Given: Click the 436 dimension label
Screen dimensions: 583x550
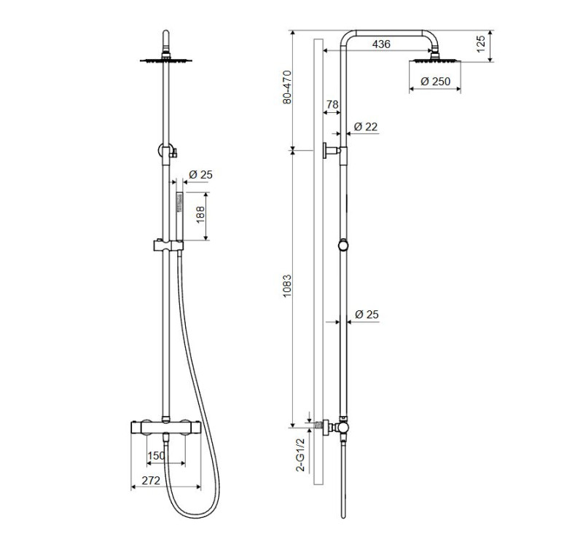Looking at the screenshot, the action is tap(381, 44).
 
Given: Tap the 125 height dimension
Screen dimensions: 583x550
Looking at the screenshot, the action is tap(481, 44).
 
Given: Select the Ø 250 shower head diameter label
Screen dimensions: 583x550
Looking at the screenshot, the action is tap(435, 81).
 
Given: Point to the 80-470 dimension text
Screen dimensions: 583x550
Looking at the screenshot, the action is tap(287, 87).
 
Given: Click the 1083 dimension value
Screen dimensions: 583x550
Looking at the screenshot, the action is tap(287, 286).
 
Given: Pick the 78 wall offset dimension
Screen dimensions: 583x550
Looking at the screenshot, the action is tap(332, 104).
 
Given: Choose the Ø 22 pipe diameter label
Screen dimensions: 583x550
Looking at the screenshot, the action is tap(366, 127).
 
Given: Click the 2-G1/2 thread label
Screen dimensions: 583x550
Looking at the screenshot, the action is tap(300, 455).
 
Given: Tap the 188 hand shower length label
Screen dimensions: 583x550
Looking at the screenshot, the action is tap(200, 214).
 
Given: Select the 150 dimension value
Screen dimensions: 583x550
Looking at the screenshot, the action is tap(156, 455).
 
